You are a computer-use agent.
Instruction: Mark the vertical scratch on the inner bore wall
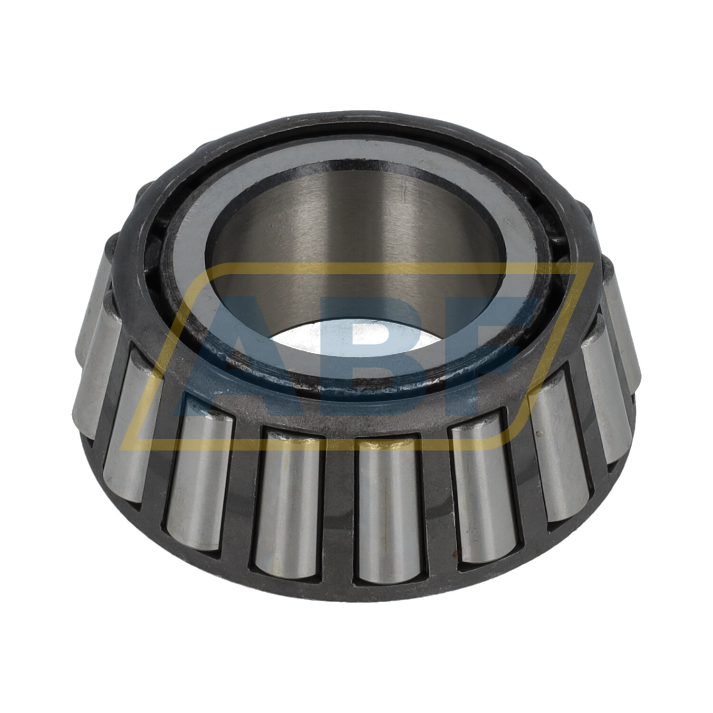[403, 195]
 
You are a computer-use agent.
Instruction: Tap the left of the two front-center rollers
[288, 504]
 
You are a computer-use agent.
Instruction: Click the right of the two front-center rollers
[387, 509]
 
